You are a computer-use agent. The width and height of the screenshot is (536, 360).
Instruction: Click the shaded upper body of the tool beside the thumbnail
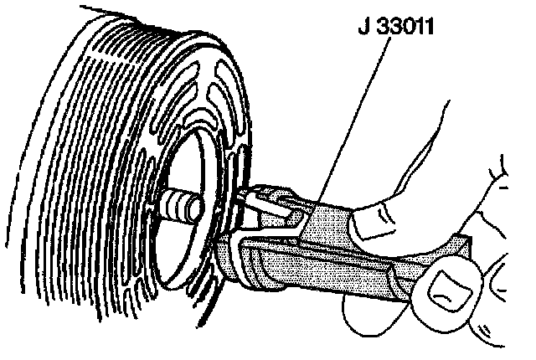(327, 222)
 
